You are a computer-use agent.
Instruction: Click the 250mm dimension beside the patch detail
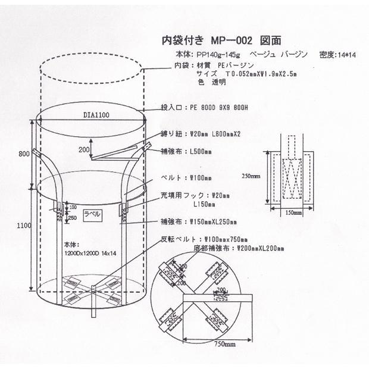251,177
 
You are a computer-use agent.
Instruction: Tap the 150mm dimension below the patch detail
292,212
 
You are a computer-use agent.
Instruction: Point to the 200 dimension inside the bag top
85,149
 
